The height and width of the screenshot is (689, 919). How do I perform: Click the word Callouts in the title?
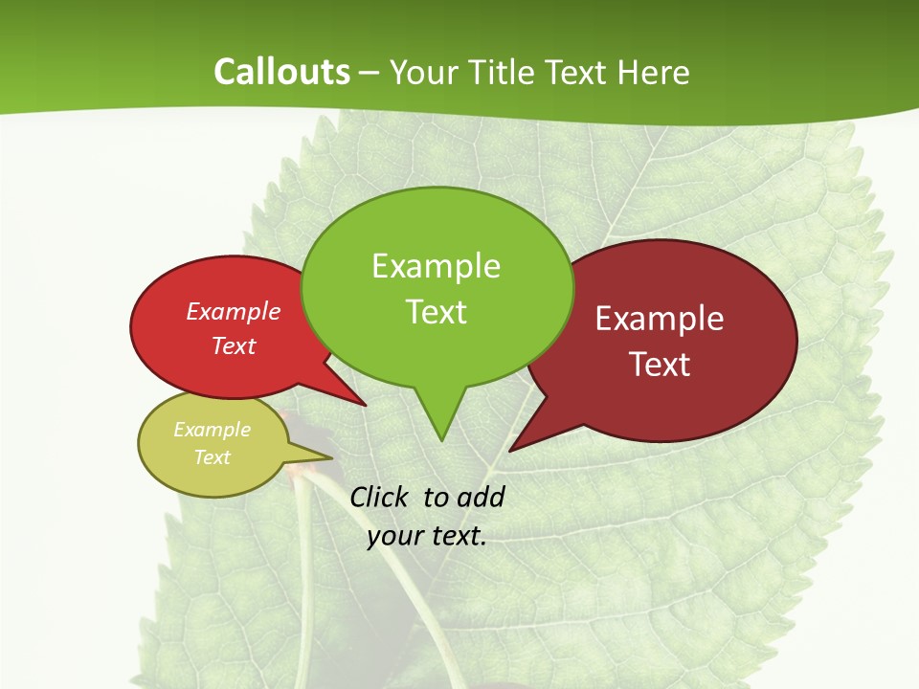click(281, 72)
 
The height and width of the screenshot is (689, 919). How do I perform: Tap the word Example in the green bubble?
click(436, 266)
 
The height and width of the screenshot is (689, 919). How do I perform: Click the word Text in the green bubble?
click(436, 312)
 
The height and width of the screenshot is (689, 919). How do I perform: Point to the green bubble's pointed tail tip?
click(441, 440)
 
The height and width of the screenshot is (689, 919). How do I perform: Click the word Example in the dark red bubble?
click(660, 319)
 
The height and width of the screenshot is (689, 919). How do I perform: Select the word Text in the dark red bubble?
click(660, 365)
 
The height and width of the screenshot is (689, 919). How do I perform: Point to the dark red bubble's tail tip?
click(510, 450)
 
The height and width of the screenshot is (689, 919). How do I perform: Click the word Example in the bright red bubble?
click(234, 311)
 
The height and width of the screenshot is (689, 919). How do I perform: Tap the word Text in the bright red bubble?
click(234, 345)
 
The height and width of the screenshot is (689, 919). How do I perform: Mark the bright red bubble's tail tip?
click(366, 406)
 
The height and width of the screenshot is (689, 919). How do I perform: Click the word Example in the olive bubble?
click(213, 430)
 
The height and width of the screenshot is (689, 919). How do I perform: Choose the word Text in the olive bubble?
click(213, 457)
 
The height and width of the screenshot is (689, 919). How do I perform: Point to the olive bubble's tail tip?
click(331, 458)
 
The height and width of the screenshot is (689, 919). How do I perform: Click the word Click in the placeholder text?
click(381, 497)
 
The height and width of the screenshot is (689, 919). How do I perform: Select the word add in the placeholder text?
click(481, 497)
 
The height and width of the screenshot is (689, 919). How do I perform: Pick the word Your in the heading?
click(421, 72)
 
